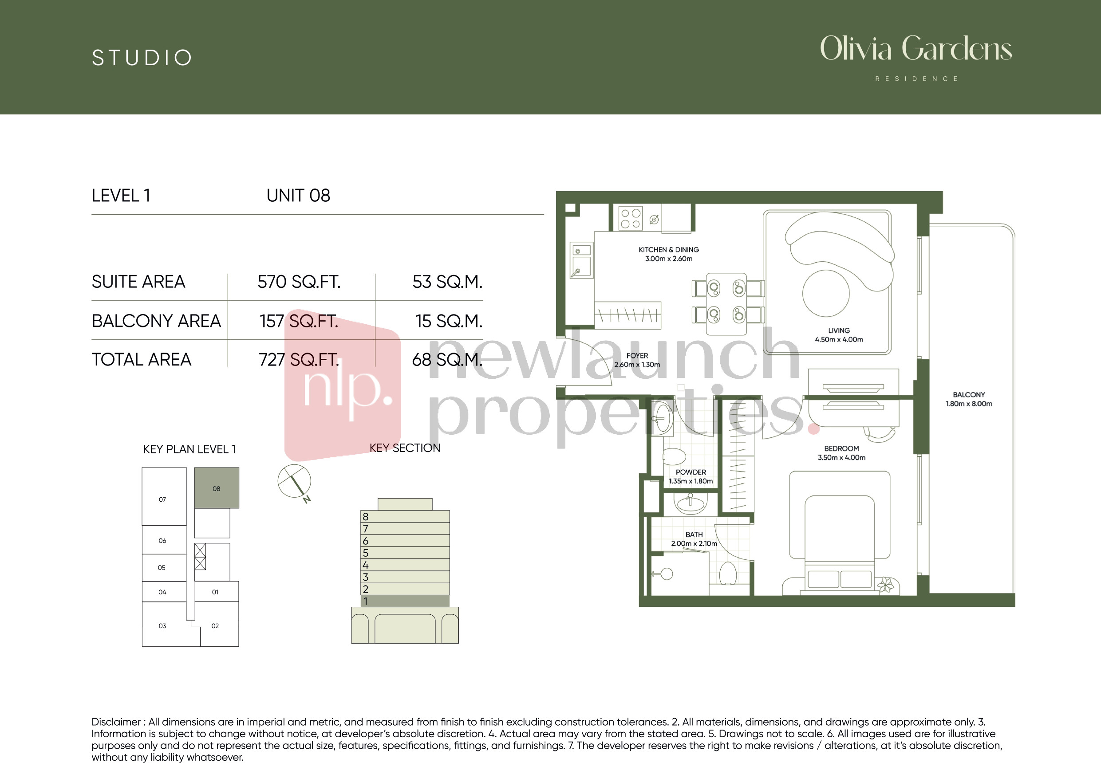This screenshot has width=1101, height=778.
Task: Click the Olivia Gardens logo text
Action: [x=916, y=49]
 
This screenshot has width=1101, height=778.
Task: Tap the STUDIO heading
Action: [x=142, y=58]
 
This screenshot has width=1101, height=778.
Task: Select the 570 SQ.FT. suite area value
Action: [x=299, y=282]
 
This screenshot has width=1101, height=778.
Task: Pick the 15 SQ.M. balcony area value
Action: [x=449, y=321]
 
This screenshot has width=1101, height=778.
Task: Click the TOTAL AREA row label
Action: [x=142, y=360]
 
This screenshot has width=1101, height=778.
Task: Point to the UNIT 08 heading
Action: [x=298, y=196]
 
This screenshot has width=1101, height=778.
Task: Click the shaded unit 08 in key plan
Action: [x=217, y=488]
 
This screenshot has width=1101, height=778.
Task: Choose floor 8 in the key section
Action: [x=405, y=516]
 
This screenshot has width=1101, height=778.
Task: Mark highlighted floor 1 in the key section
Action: [x=405, y=601]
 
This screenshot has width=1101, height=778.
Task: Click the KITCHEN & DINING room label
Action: [x=668, y=254]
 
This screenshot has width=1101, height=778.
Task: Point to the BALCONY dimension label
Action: [x=969, y=399]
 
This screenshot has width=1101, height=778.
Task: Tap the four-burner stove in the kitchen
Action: [x=630, y=219]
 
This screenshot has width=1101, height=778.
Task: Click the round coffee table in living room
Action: [x=826, y=293]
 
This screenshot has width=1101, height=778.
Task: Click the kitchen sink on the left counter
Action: [x=581, y=261]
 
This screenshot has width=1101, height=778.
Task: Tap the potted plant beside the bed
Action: [x=886, y=585]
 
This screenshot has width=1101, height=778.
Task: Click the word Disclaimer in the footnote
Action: [x=116, y=722]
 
